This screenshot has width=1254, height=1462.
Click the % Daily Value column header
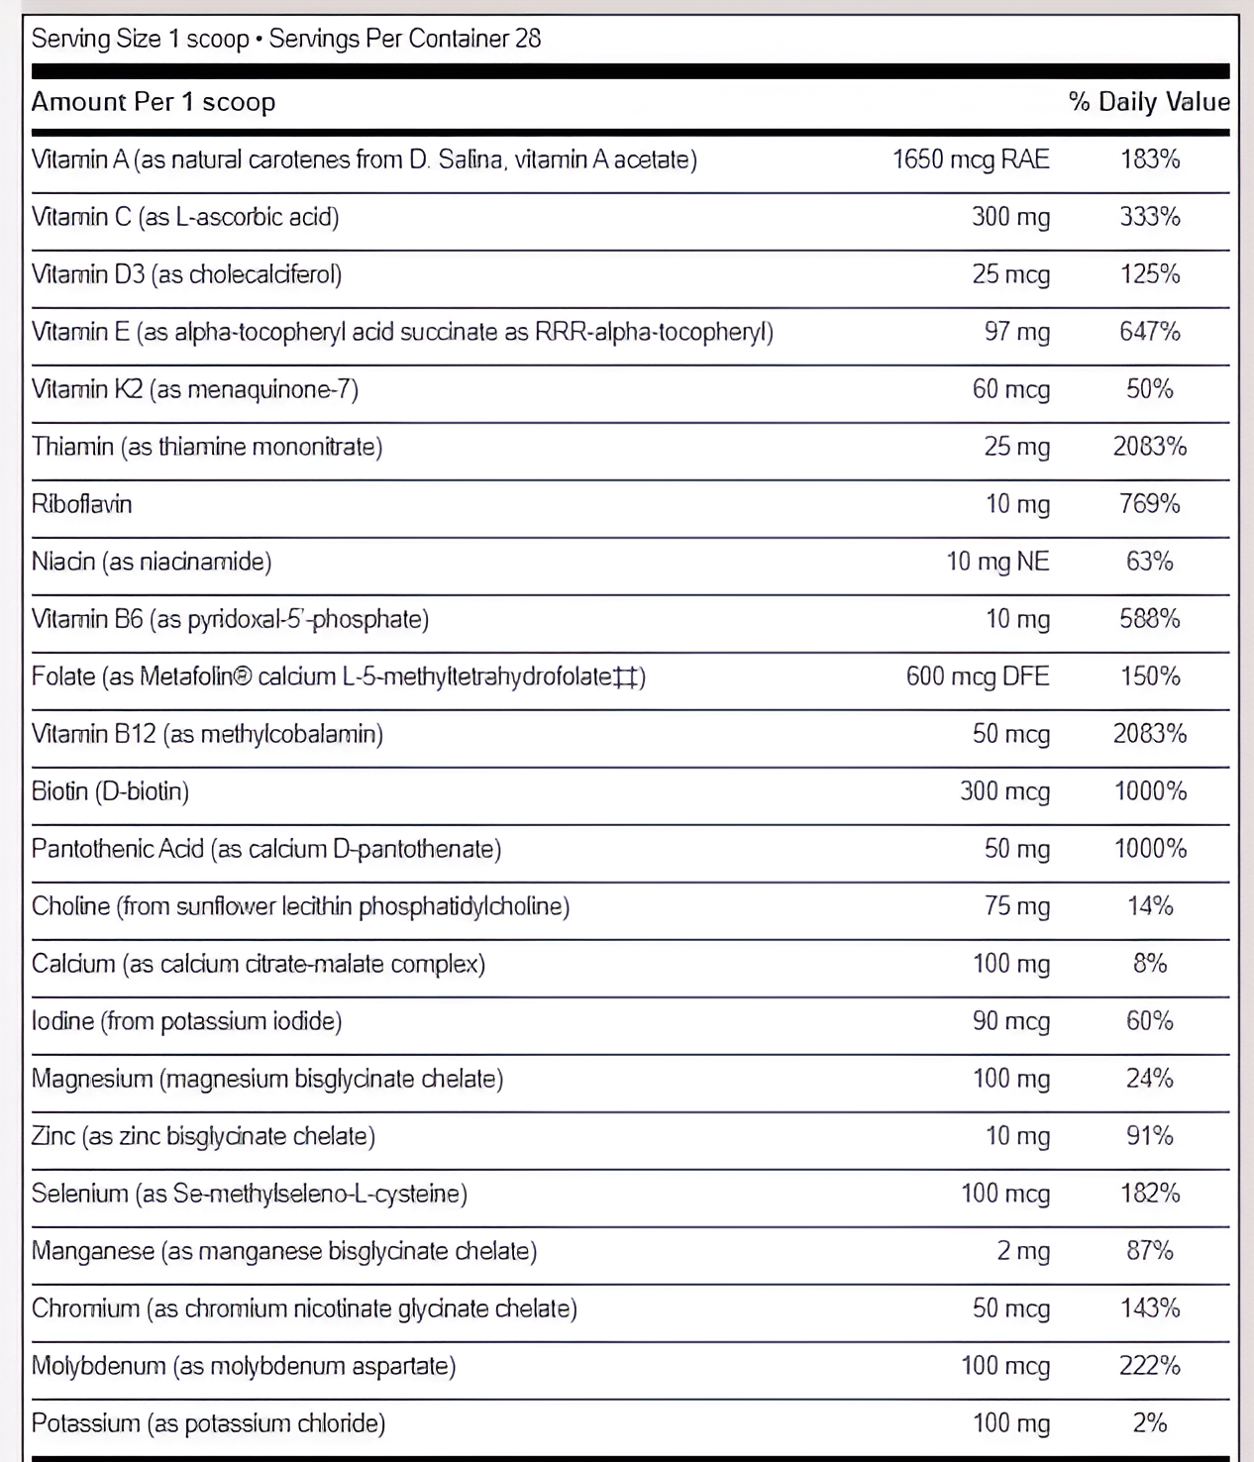1149,102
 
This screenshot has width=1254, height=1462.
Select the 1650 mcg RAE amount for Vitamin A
971,159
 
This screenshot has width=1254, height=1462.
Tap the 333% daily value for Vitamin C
1150,217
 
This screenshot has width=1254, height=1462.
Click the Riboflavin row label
81,504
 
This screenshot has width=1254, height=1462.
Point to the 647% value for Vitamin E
1150,332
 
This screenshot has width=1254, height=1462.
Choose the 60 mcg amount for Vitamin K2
1010,389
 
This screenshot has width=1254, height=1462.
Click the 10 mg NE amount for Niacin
997,562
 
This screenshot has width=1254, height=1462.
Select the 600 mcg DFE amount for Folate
978,677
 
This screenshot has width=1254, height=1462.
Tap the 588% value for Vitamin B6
1150,619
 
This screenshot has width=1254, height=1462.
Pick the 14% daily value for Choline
1150,906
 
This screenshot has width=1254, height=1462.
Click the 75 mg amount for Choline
1016,906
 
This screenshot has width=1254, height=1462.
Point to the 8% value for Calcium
1150,964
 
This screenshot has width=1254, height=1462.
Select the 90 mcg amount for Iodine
1010,1021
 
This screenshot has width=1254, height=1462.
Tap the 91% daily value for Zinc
1150,1136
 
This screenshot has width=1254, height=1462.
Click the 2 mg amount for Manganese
1023,1251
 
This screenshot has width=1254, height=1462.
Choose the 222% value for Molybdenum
1150,1366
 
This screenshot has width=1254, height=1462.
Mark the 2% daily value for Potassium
1150,1423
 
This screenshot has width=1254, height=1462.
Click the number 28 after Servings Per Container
528,39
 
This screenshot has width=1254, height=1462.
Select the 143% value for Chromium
1150,1308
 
